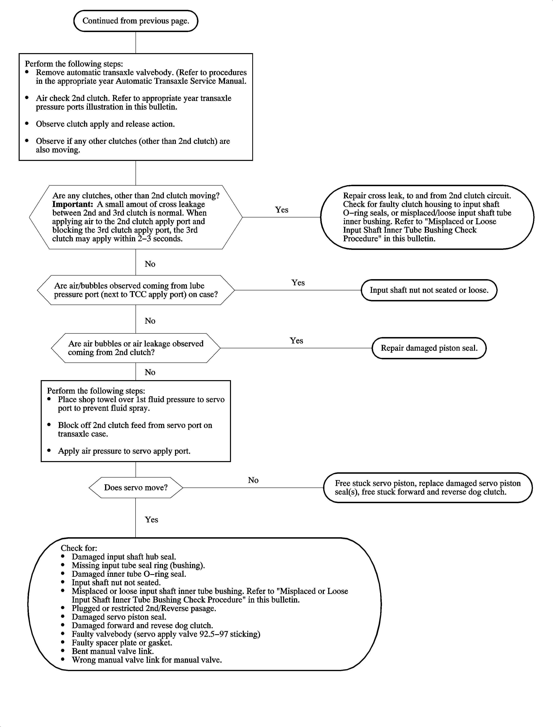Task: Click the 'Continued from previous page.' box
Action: pyautogui.click(x=136, y=21)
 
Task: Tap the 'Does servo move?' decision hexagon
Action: pyautogui.click(x=136, y=488)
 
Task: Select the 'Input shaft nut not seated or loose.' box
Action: pyautogui.click(x=429, y=290)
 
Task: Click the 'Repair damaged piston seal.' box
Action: pyautogui.click(x=429, y=348)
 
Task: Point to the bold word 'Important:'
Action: pyautogui.click(x=72, y=204)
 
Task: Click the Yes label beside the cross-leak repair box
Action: pyautogui.click(x=282, y=210)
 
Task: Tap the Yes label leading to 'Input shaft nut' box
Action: pyautogui.click(x=298, y=283)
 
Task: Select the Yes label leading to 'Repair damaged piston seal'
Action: pyautogui.click(x=296, y=340)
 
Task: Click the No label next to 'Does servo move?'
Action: pyautogui.click(x=253, y=480)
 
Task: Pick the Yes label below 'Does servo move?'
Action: pyautogui.click(x=151, y=520)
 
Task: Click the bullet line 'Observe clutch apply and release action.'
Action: pyautogui.click(x=105, y=124)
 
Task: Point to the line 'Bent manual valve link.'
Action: pyautogui.click(x=112, y=651)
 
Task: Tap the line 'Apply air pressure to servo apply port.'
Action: pyautogui.click(x=124, y=451)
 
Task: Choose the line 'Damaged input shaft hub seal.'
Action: pyautogui.click(x=124, y=557)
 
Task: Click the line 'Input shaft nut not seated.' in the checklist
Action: pyautogui.click(x=116, y=583)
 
